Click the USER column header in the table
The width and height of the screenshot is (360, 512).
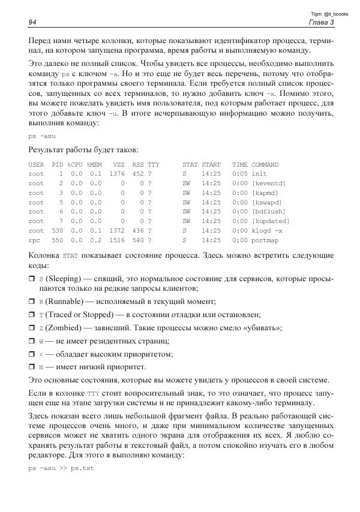[x=36, y=164]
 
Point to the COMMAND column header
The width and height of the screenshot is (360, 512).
[x=265, y=164]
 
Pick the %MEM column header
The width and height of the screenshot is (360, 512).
[x=95, y=164]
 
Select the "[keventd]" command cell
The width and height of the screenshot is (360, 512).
[x=268, y=183]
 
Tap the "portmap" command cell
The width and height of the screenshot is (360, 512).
[x=265, y=240]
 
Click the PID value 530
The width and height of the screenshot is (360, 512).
[x=57, y=230]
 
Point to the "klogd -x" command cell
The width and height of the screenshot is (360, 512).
[x=266, y=230]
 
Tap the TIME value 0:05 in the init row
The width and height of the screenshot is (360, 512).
[x=239, y=173]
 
